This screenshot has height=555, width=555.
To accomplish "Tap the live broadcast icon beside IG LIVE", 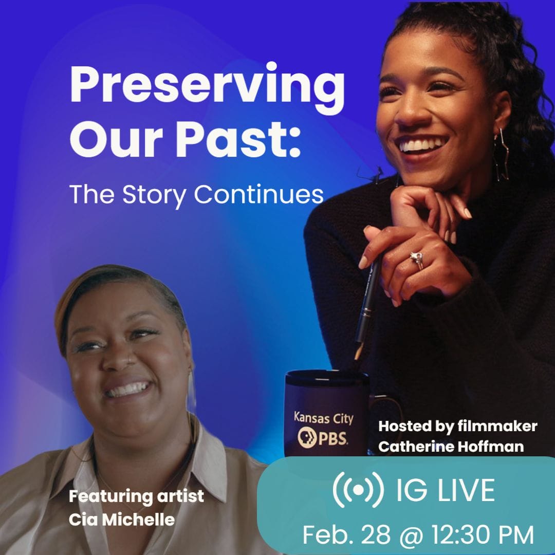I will point(358,490).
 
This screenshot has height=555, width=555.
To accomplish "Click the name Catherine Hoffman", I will point(451,447).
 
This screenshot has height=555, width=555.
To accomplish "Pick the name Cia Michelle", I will point(121,519).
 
